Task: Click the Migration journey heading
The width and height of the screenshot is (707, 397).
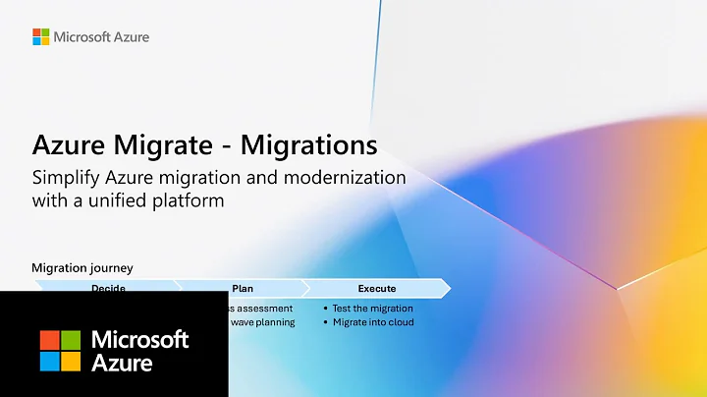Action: click(82, 267)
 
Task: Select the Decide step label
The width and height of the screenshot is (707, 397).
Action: click(108, 289)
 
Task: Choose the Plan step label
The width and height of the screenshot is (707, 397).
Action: click(243, 289)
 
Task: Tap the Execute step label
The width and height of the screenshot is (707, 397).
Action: click(377, 289)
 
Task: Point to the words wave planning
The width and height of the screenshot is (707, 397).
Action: click(262, 322)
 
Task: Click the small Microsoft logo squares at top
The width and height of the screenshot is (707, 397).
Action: click(40, 36)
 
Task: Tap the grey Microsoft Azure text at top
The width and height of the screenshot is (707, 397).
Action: click(102, 37)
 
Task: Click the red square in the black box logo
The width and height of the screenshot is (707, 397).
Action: click(50, 339)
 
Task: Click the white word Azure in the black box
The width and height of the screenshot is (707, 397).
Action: click(122, 363)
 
